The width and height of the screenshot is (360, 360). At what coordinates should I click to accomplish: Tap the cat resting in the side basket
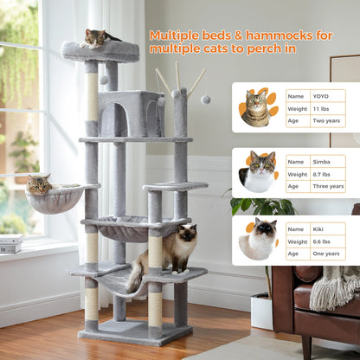40,184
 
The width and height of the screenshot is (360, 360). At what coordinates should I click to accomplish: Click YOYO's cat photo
257,107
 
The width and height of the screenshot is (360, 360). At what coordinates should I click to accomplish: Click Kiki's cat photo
258,238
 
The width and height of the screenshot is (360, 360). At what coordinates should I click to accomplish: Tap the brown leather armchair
315,307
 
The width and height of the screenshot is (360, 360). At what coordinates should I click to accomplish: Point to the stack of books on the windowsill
10,244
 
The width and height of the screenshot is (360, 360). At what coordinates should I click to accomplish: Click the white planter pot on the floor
261,311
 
